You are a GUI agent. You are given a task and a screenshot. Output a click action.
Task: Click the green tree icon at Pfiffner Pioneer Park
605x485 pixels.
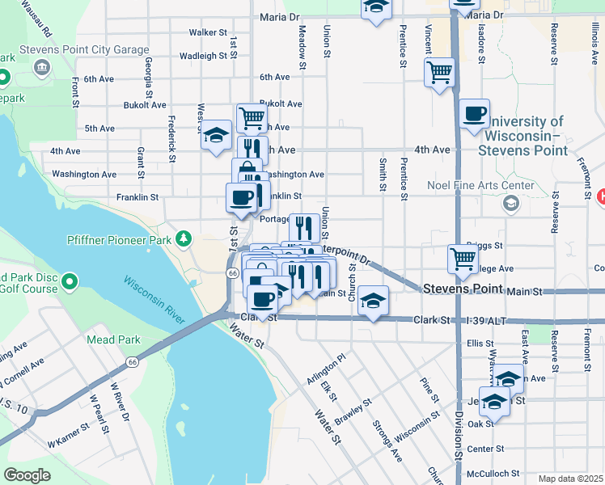pos(184,238)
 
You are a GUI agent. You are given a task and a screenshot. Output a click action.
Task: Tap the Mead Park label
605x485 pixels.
pos(113,340)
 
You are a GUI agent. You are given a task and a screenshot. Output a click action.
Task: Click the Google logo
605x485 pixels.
pos(27,474)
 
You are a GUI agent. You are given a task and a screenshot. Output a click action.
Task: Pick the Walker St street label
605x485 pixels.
pos(208,32)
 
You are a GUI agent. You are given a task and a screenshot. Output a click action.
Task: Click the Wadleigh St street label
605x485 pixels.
pos(203,56)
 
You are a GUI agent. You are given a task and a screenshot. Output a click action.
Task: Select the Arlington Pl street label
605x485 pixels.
pos(326,369)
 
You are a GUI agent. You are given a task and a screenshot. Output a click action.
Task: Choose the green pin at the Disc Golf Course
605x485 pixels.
pos(70,282)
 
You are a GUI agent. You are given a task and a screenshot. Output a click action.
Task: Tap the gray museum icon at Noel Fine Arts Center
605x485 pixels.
pos(510,203)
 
